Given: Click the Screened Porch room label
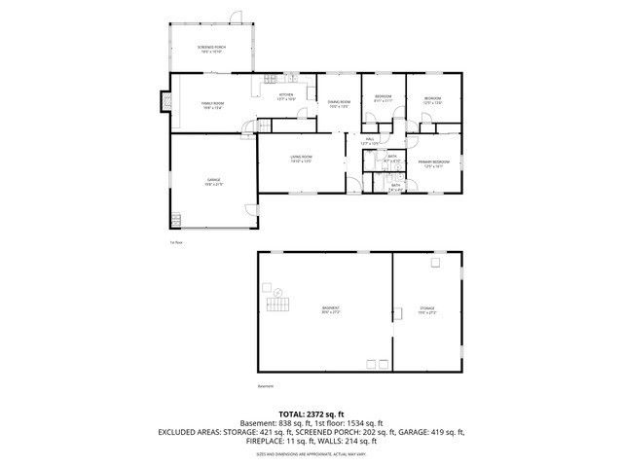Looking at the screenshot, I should point(211,51).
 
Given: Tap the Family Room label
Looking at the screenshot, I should point(213,105).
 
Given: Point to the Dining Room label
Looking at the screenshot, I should point(339,103).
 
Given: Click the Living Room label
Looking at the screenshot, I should point(301,159).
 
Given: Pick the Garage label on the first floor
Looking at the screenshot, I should point(213,181).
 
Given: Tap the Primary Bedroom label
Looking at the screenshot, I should point(433,162).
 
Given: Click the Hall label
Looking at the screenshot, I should point(371,140).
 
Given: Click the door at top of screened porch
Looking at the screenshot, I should point(234,16).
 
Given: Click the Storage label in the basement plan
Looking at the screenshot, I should point(427,310).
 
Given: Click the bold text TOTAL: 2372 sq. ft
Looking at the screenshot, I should point(311,413).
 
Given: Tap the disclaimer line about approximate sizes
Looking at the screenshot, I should point(311,453).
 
